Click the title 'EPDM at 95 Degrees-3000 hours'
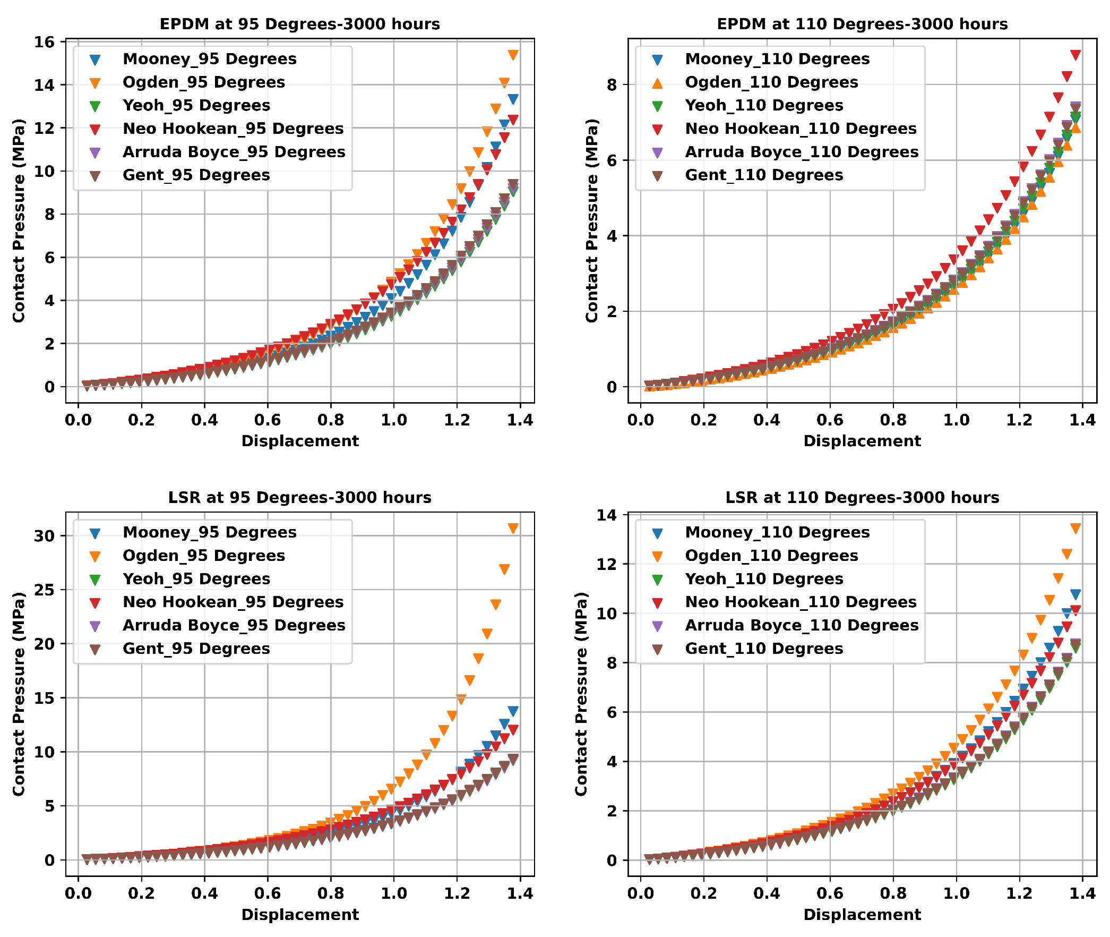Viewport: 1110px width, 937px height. tap(299, 24)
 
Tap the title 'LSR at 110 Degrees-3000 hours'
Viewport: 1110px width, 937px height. tap(862, 498)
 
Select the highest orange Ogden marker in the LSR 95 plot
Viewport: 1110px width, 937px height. tap(513, 528)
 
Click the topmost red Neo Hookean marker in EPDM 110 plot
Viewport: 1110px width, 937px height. tap(1075, 55)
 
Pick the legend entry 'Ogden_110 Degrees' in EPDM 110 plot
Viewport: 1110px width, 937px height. tap(771, 82)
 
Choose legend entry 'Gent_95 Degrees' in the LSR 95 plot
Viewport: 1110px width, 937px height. tap(196, 649)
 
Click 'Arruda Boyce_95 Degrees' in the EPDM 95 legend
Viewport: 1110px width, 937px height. tap(234, 152)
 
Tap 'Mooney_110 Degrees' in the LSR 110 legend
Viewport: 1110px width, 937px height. tap(777, 532)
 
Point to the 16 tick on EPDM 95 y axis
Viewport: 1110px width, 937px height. tap(45, 42)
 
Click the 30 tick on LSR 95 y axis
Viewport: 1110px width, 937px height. tap(45, 536)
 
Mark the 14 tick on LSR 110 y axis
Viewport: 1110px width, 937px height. tap(607, 515)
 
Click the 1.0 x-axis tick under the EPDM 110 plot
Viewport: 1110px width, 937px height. tap(956, 420)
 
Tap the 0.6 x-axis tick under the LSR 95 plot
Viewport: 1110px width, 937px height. tap(268, 893)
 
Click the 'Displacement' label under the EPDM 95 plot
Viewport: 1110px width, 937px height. tap(300, 441)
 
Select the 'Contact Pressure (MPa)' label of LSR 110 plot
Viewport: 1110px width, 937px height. tap(581, 694)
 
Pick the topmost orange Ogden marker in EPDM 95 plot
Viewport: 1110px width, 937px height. tap(513, 55)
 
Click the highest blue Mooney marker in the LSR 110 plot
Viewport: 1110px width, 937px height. tap(1075, 594)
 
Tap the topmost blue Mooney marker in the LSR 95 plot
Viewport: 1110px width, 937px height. tap(513, 711)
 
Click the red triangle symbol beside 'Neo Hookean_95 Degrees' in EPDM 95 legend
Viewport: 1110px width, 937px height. tap(95, 129)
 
